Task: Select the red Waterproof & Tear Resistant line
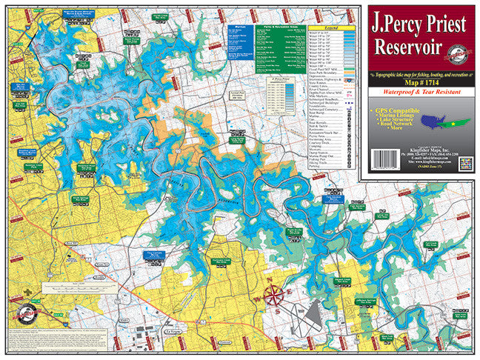[421, 92]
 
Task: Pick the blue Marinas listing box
[239, 41]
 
